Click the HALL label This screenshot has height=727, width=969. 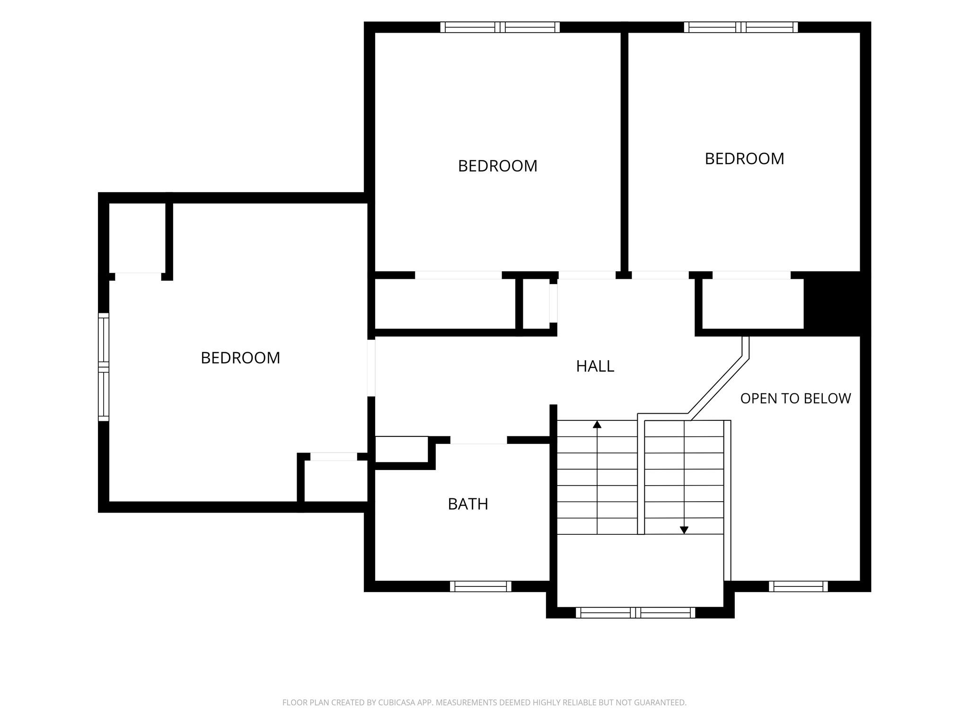595,366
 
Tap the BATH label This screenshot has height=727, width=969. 468,504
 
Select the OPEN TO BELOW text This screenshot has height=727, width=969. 795,399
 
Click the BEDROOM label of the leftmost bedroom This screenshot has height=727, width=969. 240,358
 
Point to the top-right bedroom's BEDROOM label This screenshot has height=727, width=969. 744,159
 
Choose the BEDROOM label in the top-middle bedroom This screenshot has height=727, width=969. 497,166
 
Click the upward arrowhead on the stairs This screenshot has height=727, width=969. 597,425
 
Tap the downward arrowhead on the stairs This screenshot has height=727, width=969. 684,530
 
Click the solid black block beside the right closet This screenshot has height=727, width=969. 837,304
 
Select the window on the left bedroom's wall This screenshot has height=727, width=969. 104,367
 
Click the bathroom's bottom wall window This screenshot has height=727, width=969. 480,586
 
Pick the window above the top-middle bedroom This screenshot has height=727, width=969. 500,27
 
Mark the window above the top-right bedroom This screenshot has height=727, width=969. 741,27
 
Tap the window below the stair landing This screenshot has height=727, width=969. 635,612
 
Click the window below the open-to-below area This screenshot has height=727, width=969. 798,586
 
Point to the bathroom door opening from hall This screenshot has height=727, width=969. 478,440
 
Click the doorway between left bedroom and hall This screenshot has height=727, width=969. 371,368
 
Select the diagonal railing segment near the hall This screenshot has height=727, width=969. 718,386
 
